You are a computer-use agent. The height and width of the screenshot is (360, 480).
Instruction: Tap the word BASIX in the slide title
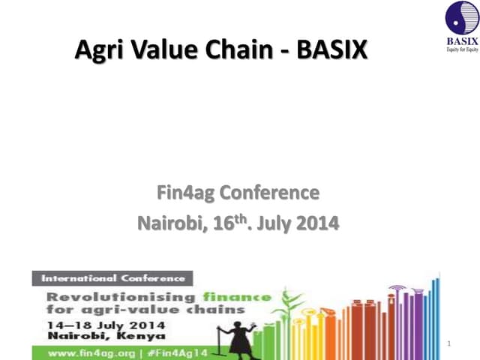332,50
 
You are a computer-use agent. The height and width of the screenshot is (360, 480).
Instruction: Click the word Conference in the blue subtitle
271,193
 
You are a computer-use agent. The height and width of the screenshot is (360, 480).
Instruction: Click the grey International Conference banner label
112,278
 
